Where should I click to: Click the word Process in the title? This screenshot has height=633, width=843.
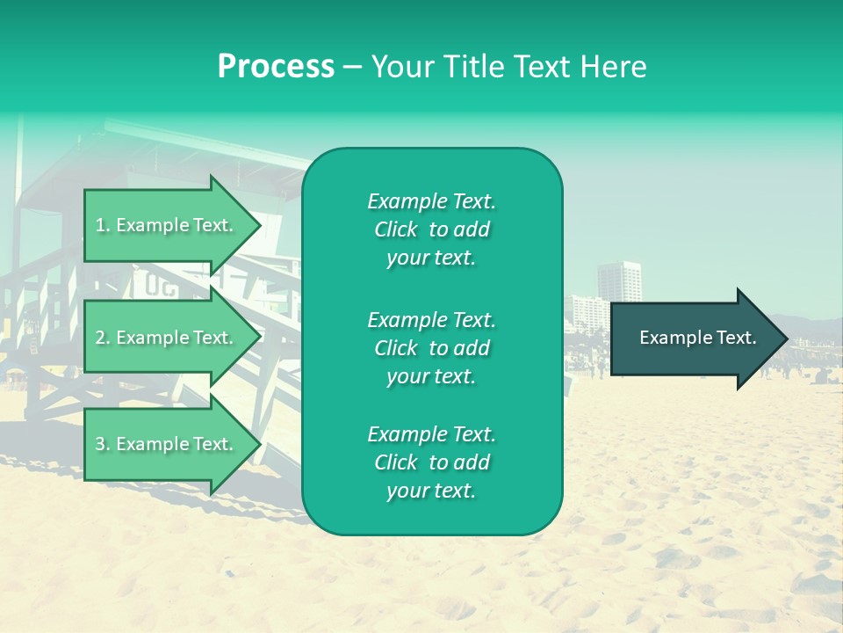tap(276, 67)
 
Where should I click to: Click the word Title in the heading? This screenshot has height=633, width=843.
tap(474, 67)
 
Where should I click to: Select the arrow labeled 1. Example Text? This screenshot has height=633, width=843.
tap(167, 225)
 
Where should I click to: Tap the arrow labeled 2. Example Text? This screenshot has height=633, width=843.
tap(167, 338)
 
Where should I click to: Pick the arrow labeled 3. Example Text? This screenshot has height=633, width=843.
tap(167, 444)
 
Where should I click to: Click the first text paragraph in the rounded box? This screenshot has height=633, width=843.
tap(431, 229)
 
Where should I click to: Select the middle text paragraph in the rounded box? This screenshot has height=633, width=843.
tap(431, 348)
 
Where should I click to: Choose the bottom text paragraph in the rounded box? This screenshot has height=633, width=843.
tap(431, 462)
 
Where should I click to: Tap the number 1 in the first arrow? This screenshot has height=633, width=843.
tap(99, 226)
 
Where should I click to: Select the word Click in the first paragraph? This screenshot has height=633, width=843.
tap(395, 229)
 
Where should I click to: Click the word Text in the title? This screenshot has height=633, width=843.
tap(541, 67)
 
